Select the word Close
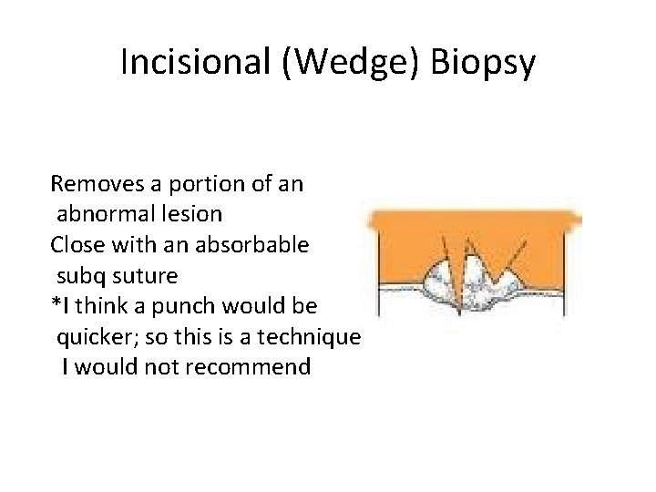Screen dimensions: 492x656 point(77,245)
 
